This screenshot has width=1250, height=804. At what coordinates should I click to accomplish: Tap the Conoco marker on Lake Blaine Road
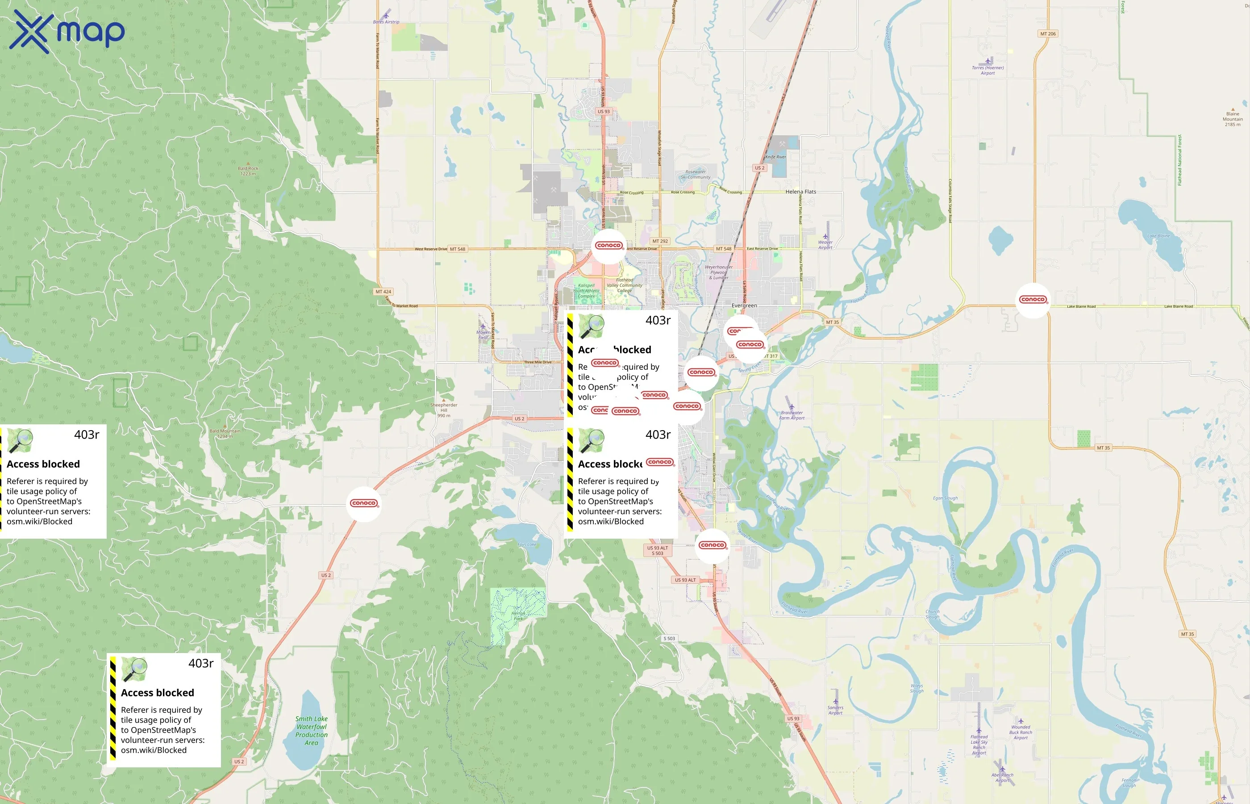tap(1033, 300)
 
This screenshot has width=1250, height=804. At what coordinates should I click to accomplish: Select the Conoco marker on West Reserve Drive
tap(608, 245)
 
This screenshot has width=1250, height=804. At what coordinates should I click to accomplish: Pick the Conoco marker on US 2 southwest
tap(364, 503)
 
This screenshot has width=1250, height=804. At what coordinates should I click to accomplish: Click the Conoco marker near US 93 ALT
tap(712, 545)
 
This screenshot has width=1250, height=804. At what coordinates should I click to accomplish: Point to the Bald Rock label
tap(248, 171)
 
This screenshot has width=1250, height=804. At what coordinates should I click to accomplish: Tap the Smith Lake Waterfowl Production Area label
tap(312, 730)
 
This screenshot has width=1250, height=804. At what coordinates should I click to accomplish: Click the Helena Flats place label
tap(801, 192)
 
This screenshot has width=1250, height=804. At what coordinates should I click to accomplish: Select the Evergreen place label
tap(744, 306)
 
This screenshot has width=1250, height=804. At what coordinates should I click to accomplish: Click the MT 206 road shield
tap(1048, 34)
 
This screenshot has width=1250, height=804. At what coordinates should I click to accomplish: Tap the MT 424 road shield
tap(383, 292)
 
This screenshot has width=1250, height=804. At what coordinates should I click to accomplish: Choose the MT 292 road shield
tap(660, 241)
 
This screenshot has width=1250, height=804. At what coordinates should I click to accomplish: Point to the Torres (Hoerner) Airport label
tap(987, 70)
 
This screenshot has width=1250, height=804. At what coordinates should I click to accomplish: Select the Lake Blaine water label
tap(1158, 236)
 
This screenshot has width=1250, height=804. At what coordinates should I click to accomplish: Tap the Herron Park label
tap(518, 616)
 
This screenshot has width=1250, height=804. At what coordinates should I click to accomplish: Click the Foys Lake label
tap(527, 544)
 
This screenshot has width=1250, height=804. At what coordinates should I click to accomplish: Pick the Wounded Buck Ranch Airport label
tap(1021, 732)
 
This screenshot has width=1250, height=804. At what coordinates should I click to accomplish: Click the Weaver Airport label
tap(825, 244)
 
